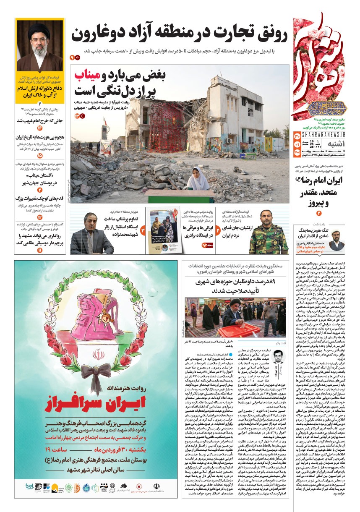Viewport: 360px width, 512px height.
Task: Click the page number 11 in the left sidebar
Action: coord(40,250)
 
